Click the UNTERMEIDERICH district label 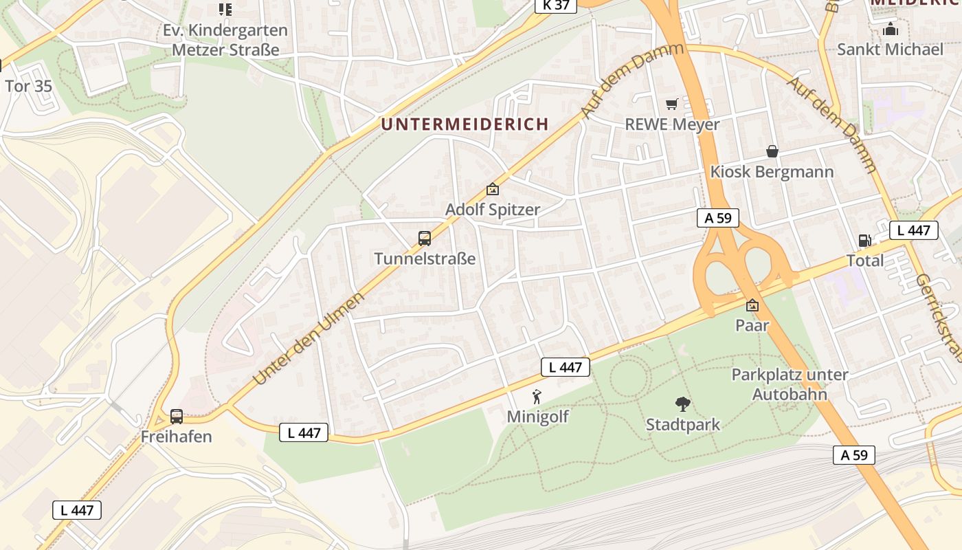click(x=465, y=124)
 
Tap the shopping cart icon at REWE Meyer click(x=671, y=104)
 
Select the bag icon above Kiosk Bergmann click(x=772, y=151)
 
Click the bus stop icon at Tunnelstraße click(x=425, y=239)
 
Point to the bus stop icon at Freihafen click(x=177, y=416)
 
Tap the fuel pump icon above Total click(x=864, y=241)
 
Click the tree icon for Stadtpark click(x=682, y=404)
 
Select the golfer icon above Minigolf click(x=537, y=397)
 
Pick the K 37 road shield click(x=555, y=5)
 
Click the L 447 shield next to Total click(x=914, y=230)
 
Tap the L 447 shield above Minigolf click(x=566, y=367)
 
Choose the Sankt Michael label click(x=890, y=49)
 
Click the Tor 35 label click(x=28, y=87)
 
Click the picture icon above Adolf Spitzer click(x=492, y=189)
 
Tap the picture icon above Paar click(x=752, y=305)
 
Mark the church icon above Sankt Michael click(x=891, y=30)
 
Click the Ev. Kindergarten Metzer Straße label click(x=225, y=40)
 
